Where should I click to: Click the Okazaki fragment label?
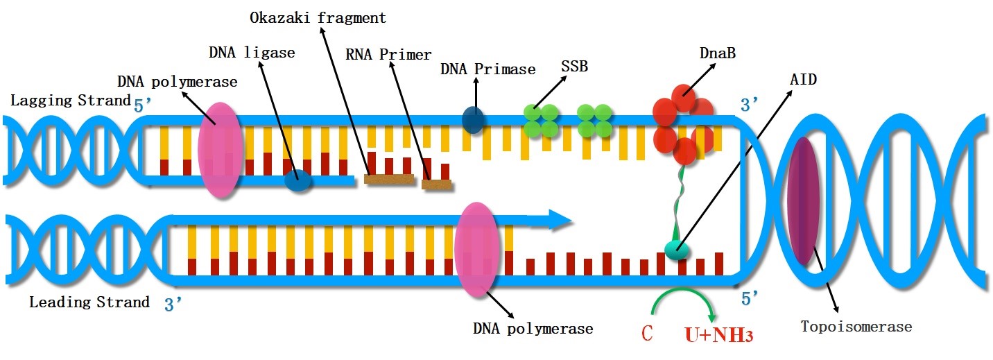(318, 18)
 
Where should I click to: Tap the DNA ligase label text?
(252, 53)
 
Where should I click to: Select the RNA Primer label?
(388, 55)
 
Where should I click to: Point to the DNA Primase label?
(487, 69)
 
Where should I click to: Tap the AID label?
(804, 80)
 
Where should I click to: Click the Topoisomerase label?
(856, 326)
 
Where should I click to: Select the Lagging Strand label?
(71, 101)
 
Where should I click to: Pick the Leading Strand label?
(89, 302)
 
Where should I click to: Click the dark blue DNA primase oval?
(474, 119)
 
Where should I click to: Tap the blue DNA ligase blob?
(299, 181)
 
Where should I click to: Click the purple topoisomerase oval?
(802, 201)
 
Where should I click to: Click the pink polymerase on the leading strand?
(476, 250)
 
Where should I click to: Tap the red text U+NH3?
(718, 334)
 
